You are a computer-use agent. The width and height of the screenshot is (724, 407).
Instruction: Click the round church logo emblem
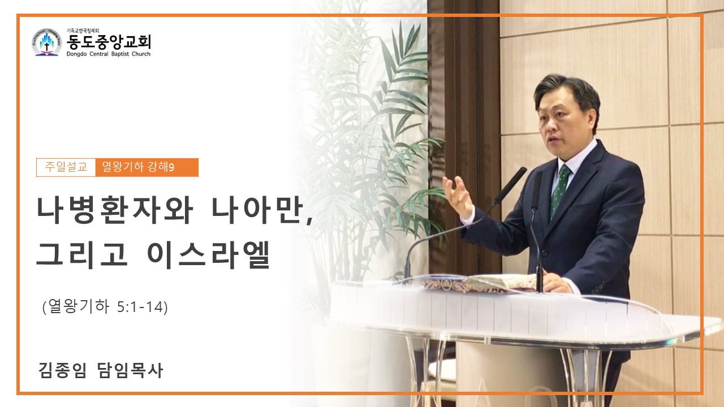click(x=47, y=42)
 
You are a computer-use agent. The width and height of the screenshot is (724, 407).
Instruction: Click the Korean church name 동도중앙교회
click(x=109, y=42)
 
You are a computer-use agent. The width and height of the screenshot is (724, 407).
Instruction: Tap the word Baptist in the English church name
click(x=120, y=54)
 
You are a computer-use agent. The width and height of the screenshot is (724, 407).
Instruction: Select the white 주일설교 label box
click(x=66, y=167)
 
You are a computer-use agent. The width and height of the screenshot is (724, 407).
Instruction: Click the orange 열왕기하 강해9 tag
click(x=147, y=167)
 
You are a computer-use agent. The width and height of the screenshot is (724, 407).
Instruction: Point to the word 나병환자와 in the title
click(x=115, y=211)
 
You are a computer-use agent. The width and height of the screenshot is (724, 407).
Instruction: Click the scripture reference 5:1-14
click(x=141, y=307)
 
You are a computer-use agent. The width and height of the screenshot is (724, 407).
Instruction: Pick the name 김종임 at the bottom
click(x=62, y=370)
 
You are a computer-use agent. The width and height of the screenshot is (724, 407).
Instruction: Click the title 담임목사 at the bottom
click(x=130, y=370)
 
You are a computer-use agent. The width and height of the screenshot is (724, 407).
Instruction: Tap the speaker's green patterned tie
click(x=559, y=190)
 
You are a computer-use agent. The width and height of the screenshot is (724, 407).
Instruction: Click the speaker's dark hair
click(x=569, y=92)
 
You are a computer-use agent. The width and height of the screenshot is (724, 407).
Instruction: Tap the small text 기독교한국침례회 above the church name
click(x=83, y=31)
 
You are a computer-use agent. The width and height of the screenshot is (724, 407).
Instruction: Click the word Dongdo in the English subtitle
click(x=76, y=54)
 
